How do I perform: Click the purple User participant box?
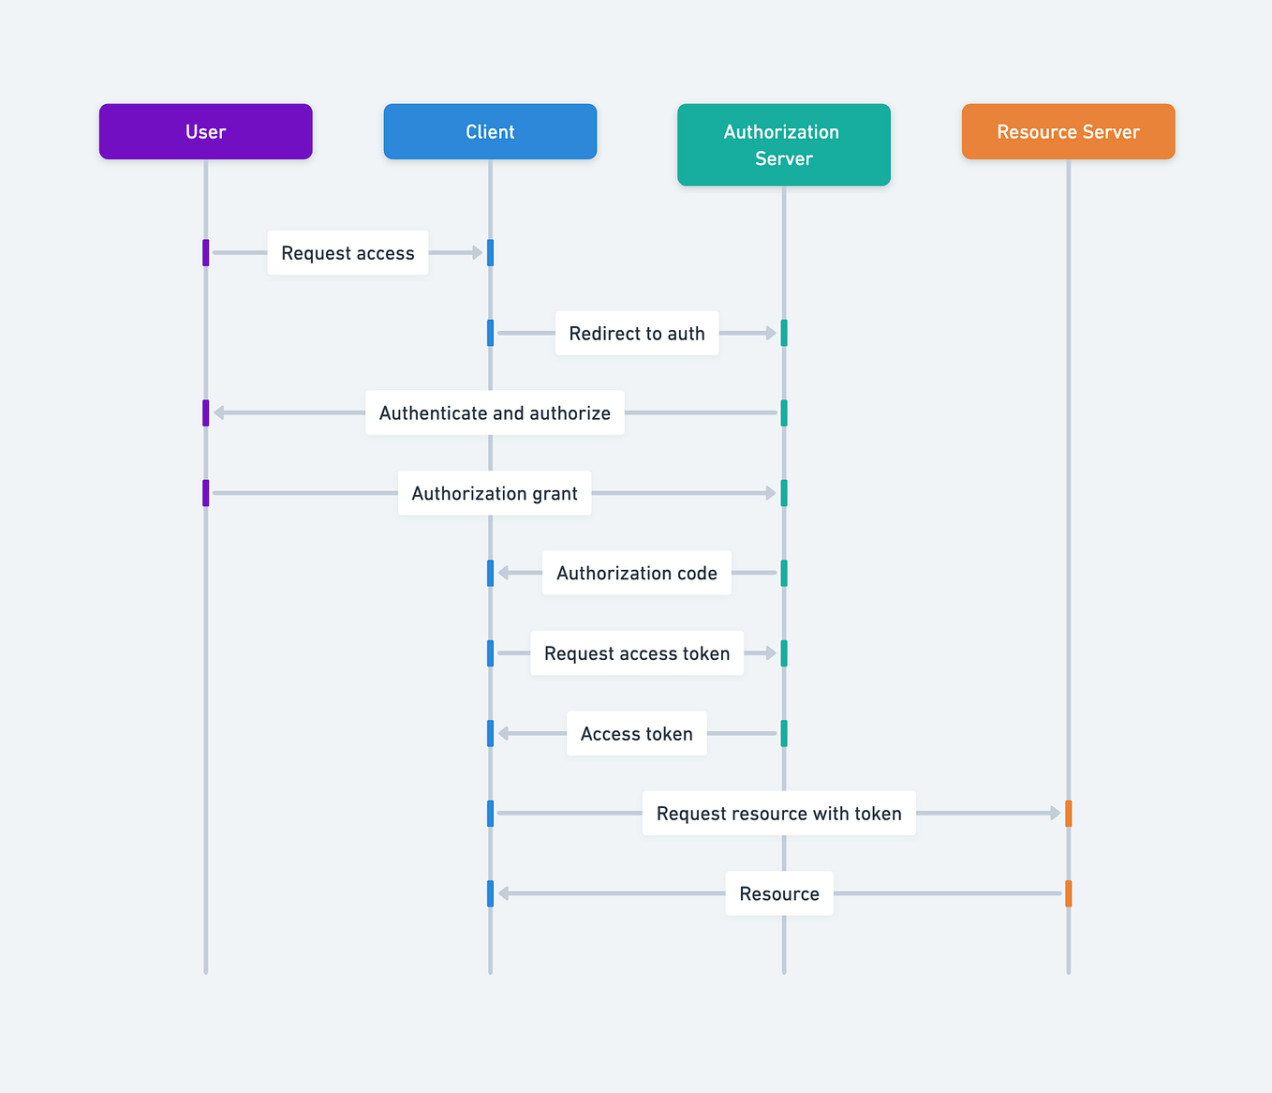pyautogui.click(x=205, y=131)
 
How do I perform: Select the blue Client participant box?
pyautogui.click(x=490, y=131)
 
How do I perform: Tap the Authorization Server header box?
pyautogui.click(x=783, y=144)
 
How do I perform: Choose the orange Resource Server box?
pyautogui.click(x=1068, y=131)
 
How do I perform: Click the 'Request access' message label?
pyautogui.click(x=348, y=253)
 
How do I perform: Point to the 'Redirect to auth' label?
pyautogui.click(x=637, y=334)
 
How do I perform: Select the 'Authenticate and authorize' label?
pyautogui.click(x=495, y=413)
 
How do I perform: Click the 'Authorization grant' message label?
pyautogui.click(x=495, y=494)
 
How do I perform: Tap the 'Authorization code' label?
pyautogui.click(x=637, y=574)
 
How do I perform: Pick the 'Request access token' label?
pyautogui.click(x=637, y=653)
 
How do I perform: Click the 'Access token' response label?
pyautogui.click(x=637, y=734)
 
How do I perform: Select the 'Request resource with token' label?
pyautogui.click(x=778, y=814)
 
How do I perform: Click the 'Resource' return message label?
pyautogui.click(x=778, y=894)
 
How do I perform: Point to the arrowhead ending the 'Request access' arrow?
pyautogui.click(x=478, y=252)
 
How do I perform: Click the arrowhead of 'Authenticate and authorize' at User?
pyautogui.click(x=219, y=412)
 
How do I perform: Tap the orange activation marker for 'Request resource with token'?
pyautogui.click(x=1068, y=814)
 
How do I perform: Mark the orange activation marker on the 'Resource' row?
pyautogui.click(x=1068, y=893)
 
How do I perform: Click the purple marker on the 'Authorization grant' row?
pyautogui.click(x=206, y=493)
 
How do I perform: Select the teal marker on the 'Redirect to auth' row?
pyautogui.click(x=784, y=333)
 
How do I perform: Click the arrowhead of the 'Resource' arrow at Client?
pyautogui.click(x=504, y=893)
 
